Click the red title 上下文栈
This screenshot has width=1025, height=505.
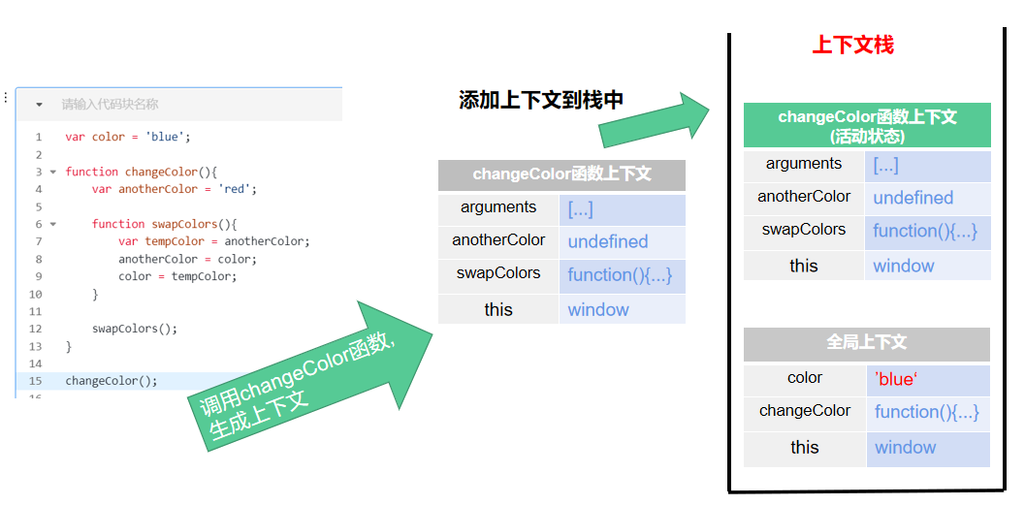pos(852,46)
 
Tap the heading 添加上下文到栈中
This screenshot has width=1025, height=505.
pos(541,100)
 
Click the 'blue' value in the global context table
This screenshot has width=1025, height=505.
pos(895,380)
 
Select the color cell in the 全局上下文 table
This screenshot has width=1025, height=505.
pos(804,378)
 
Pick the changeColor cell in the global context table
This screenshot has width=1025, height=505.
pos(804,411)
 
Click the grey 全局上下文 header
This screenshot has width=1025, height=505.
pos(866,343)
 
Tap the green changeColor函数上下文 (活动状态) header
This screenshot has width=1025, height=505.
pos(866,126)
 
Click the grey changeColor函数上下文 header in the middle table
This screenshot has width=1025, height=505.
pos(561,174)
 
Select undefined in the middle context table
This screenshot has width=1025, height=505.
pos(608,242)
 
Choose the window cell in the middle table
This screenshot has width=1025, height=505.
pos(598,310)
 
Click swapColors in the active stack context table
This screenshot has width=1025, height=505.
pos(804,230)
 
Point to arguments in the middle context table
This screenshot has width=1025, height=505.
pos(498,207)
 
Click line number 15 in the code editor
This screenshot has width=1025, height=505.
pos(35,381)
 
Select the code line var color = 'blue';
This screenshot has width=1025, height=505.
pos(128,137)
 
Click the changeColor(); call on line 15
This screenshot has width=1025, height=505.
pos(111,381)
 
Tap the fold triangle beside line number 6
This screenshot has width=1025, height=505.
pos(52,224)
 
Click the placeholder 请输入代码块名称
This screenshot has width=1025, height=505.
pos(110,104)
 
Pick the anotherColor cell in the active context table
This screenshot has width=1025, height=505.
pos(804,197)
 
